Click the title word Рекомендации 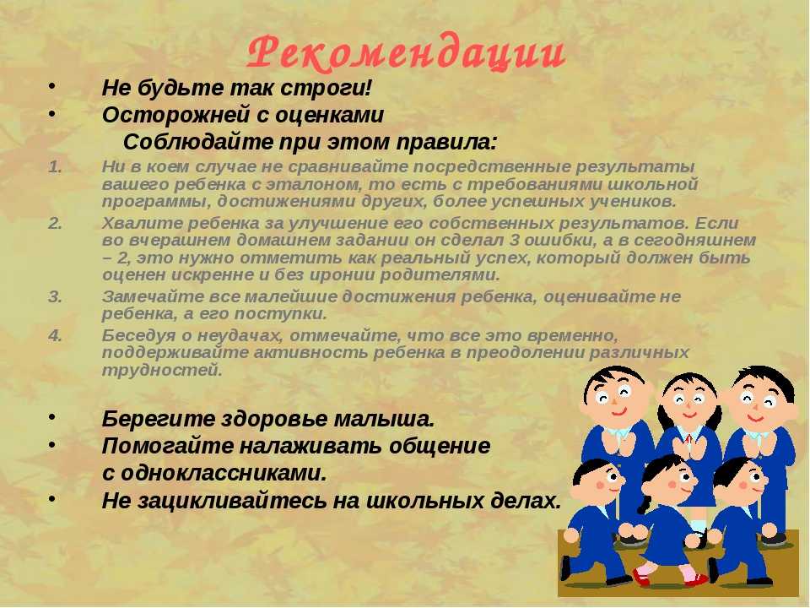click(406, 52)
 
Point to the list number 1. click(56, 166)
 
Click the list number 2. click(56, 223)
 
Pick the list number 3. click(56, 296)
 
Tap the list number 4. click(56, 335)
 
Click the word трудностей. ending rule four click(162, 370)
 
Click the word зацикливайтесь click(235, 501)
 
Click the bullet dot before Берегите click(51, 416)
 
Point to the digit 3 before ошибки click(514, 241)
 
